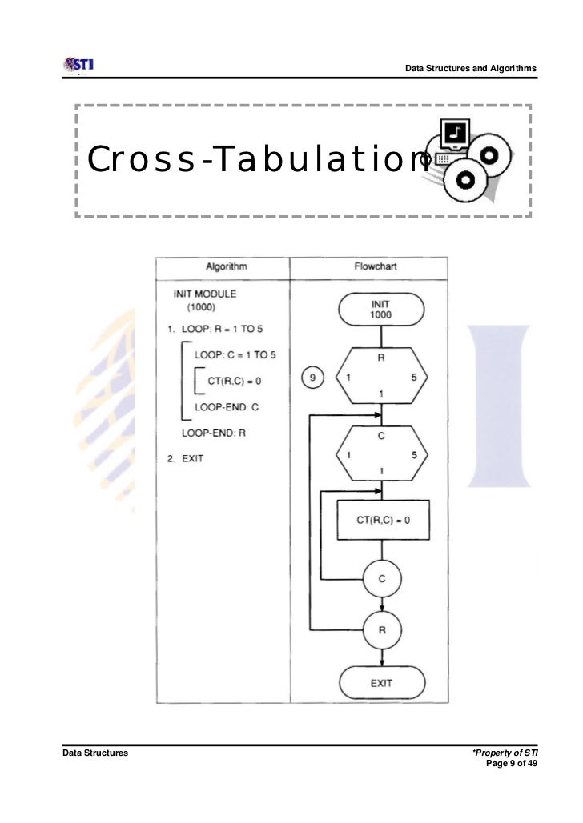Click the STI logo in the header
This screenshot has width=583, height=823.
[78, 64]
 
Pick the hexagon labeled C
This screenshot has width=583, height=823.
[381, 454]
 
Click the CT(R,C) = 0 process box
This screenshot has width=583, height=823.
[383, 521]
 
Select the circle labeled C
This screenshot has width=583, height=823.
[382, 579]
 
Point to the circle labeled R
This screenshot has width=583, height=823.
[382, 629]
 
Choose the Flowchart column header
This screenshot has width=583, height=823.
[375, 266]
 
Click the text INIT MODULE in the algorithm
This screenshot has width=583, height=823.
[204, 294]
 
